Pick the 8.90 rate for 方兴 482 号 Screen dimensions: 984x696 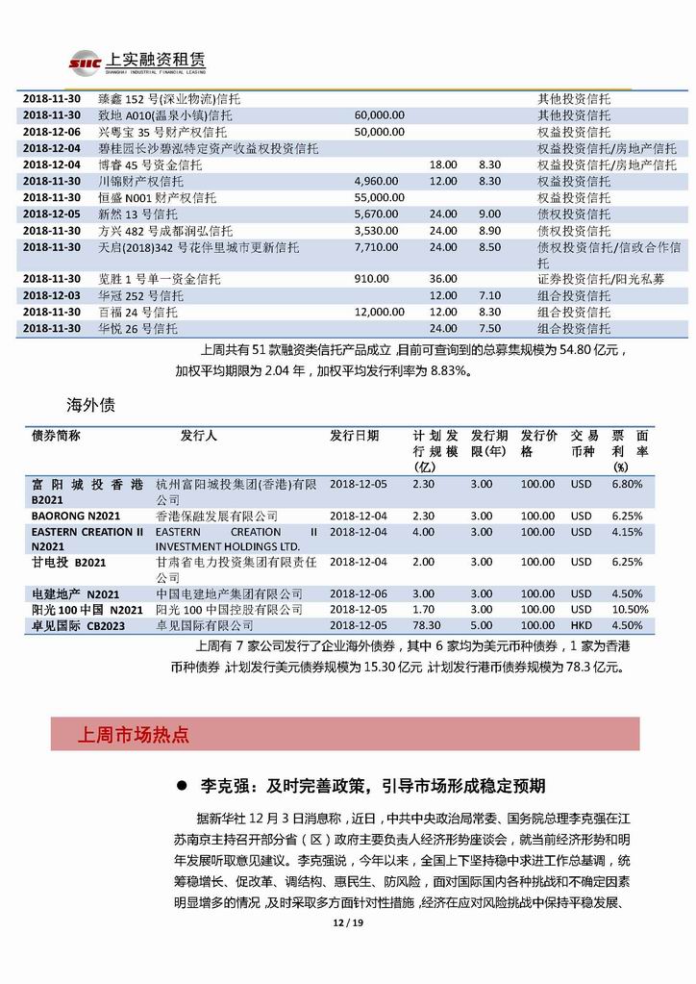(489, 231)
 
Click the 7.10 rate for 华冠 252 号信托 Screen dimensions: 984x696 (489, 295)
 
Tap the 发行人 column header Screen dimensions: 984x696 (199, 436)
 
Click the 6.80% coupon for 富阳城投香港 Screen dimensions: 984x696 (626, 484)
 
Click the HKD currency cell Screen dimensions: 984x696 (582, 625)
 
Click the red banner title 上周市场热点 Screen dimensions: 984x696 (133, 736)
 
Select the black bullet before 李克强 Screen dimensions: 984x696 (180, 786)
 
